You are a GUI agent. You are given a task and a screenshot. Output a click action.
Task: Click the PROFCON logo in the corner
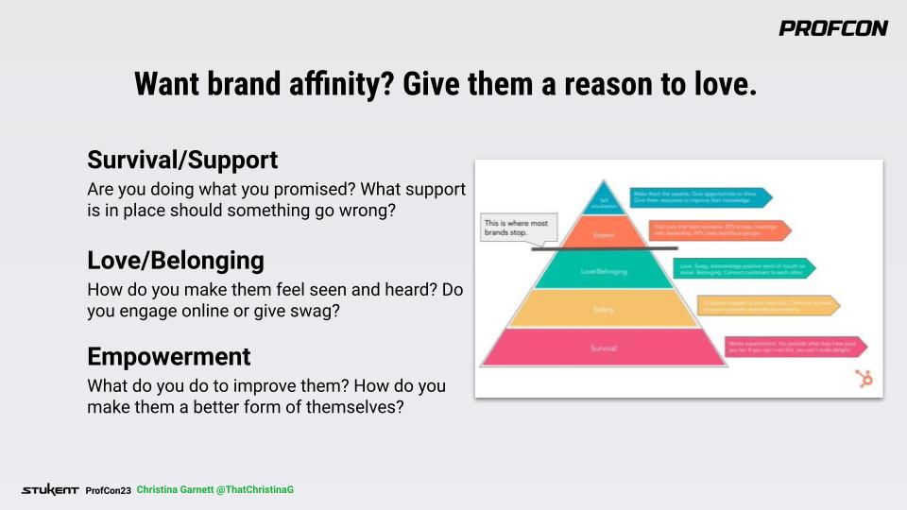point(832,28)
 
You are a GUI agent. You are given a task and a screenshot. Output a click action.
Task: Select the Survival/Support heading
point(182,159)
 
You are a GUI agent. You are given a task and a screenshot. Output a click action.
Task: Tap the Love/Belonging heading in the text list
point(175,260)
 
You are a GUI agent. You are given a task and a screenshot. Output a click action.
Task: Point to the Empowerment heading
point(169,357)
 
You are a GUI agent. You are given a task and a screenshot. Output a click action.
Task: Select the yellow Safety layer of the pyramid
point(604,309)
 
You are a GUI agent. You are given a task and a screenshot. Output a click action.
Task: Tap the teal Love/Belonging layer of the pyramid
point(604,271)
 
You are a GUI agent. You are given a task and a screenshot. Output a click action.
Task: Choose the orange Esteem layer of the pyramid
point(604,233)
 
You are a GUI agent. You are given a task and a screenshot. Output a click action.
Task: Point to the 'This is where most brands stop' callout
point(519,227)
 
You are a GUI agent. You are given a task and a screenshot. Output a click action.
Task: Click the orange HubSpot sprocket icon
point(863,378)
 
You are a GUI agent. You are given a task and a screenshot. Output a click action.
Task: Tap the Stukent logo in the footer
point(50,490)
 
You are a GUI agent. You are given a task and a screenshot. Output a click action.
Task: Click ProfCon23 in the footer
point(108,490)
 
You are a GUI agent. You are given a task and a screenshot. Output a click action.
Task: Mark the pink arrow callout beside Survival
point(795,348)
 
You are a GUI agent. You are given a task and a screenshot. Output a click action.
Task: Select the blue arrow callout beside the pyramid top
point(700,196)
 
